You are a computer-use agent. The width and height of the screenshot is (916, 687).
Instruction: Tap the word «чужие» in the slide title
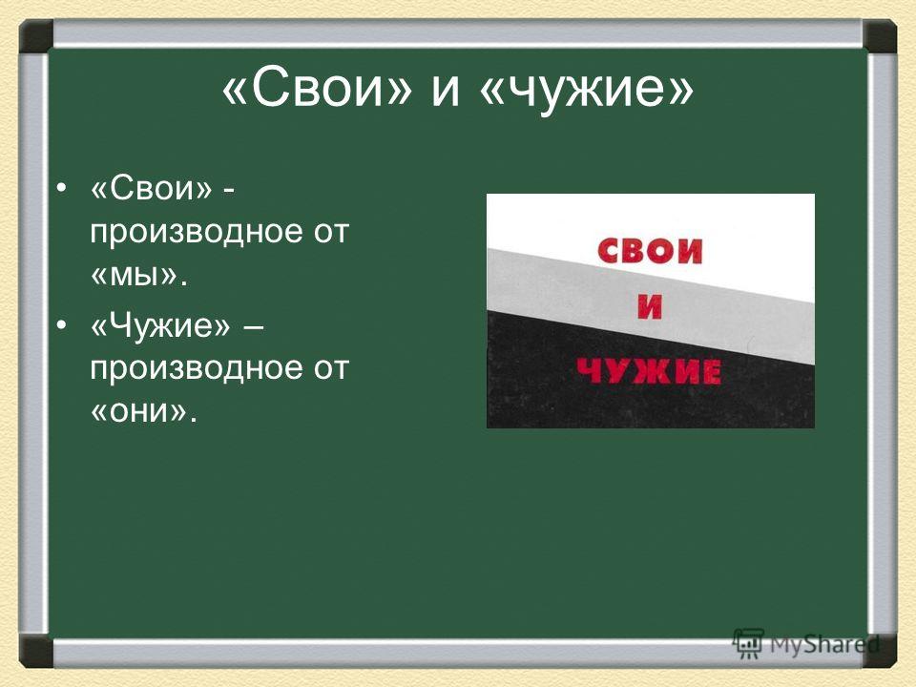pos(586,92)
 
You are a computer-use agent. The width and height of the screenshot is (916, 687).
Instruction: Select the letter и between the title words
pos(446,94)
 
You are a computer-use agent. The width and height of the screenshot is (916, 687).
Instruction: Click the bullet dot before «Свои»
pos(61,190)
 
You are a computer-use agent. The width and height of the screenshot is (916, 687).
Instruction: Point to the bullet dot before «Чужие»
pos(61,325)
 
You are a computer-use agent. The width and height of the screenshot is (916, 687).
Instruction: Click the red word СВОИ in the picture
pos(650,252)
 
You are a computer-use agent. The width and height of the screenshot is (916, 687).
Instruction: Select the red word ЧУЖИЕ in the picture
pos(649,371)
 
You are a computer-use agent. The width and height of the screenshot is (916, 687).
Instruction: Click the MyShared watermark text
pos(824,646)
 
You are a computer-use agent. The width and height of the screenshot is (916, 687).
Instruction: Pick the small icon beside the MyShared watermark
pos(749,644)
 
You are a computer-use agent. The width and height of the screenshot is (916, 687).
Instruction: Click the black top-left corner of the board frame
pos(36,36)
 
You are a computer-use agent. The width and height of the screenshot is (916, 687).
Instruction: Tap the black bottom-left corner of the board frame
pos(36,651)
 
